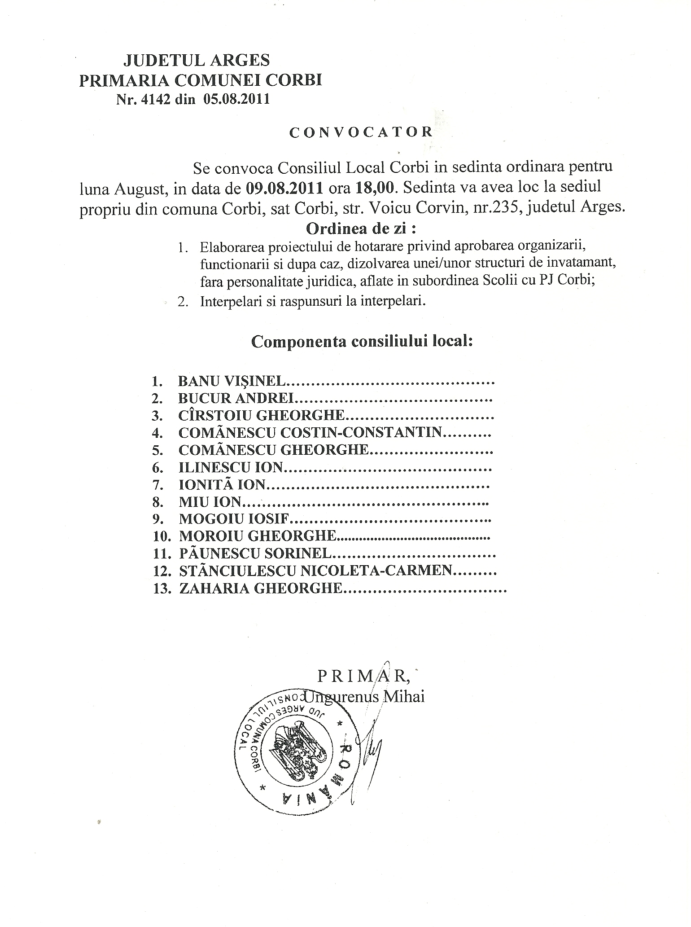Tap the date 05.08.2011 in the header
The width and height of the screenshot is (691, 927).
(236, 100)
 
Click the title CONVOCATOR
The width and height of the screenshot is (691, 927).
(361, 132)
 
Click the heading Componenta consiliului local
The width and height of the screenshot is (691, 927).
(362, 342)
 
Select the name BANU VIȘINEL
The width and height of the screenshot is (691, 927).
(231, 382)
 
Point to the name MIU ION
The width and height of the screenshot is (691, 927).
(210, 502)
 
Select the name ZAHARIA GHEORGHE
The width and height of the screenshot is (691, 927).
(261, 589)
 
